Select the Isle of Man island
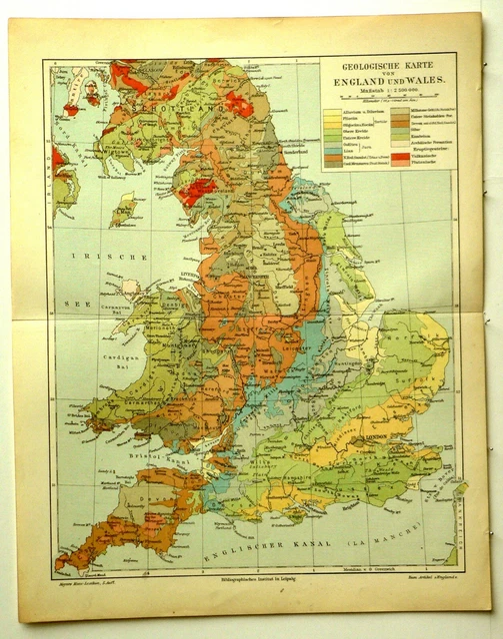[126, 210]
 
